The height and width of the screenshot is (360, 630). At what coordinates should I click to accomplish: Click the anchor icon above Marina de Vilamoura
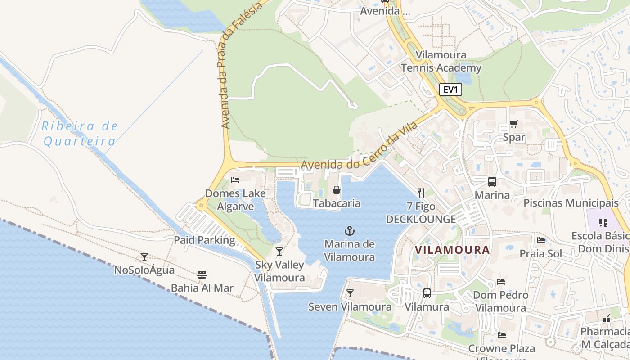pyautogui.click(x=350, y=231)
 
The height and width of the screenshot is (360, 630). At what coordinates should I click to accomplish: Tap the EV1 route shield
pyautogui.click(x=450, y=90)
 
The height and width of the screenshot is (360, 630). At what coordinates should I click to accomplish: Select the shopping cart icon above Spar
pyautogui.click(x=513, y=124)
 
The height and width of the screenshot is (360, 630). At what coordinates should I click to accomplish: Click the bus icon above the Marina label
pyautogui.click(x=492, y=182)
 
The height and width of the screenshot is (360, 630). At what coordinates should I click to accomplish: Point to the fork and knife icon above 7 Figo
pyautogui.click(x=421, y=193)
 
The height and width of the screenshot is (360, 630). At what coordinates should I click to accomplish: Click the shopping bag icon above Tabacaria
pyautogui.click(x=336, y=190)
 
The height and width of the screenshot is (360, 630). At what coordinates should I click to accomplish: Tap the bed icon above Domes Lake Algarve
pyautogui.click(x=235, y=180)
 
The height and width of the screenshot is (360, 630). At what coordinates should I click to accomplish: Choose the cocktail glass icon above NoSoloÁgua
pyautogui.click(x=144, y=257)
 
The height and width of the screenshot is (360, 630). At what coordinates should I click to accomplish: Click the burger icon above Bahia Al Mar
pyautogui.click(x=202, y=274)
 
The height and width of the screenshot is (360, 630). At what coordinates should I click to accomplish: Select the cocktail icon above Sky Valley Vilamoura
pyautogui.click(x=279, y=251)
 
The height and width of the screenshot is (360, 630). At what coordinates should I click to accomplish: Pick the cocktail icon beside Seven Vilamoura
pyautogui.click(x=350, y=293)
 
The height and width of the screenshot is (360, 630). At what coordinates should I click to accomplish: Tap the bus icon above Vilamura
pyautogui.click(x=427, y=293)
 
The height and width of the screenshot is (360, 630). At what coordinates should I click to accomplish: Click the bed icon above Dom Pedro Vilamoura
pyautogui.click(x=501, y=282)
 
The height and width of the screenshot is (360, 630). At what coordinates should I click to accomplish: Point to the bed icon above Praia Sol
pyautogui.click(x=541, y=240)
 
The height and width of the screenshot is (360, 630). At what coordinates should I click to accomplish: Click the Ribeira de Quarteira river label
pyautogui.click(x=80, y=134)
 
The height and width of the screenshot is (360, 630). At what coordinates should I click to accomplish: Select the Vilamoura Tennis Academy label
pyautogui.click(x=441, y=62)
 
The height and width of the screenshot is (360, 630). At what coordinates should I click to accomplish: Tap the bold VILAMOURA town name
pyautogui.click(x=452, y=250)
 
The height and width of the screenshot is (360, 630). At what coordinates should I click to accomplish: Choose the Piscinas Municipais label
pyautogui.click(x=571, y=203)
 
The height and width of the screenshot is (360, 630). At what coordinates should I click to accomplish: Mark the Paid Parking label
pyautogui.click(x=205, y=240)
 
